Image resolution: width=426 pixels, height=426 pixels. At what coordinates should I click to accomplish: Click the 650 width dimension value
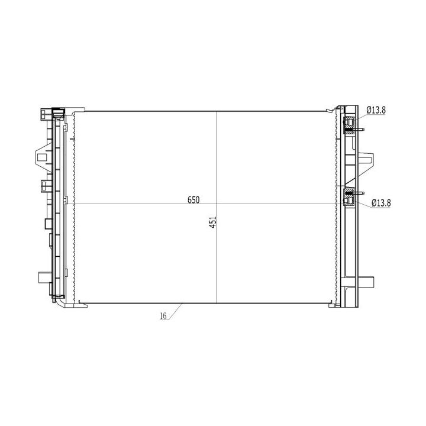[x=193, y=200]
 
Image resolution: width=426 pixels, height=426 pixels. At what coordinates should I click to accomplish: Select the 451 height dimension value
[x=213, y=222]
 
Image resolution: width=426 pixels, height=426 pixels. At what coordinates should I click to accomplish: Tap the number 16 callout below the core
[x=163, y=316]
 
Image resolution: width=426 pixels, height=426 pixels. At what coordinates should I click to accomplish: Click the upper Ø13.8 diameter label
[x=376, y=110]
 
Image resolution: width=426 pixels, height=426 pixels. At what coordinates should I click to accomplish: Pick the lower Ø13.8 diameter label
[x=381, y=203]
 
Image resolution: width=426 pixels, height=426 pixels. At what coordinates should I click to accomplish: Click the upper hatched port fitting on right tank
[x=349, y=125]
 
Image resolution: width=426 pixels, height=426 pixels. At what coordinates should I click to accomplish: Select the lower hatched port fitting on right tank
[x=349, y=198]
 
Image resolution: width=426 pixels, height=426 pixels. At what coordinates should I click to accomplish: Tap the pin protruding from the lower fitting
[x=359, y=193]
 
